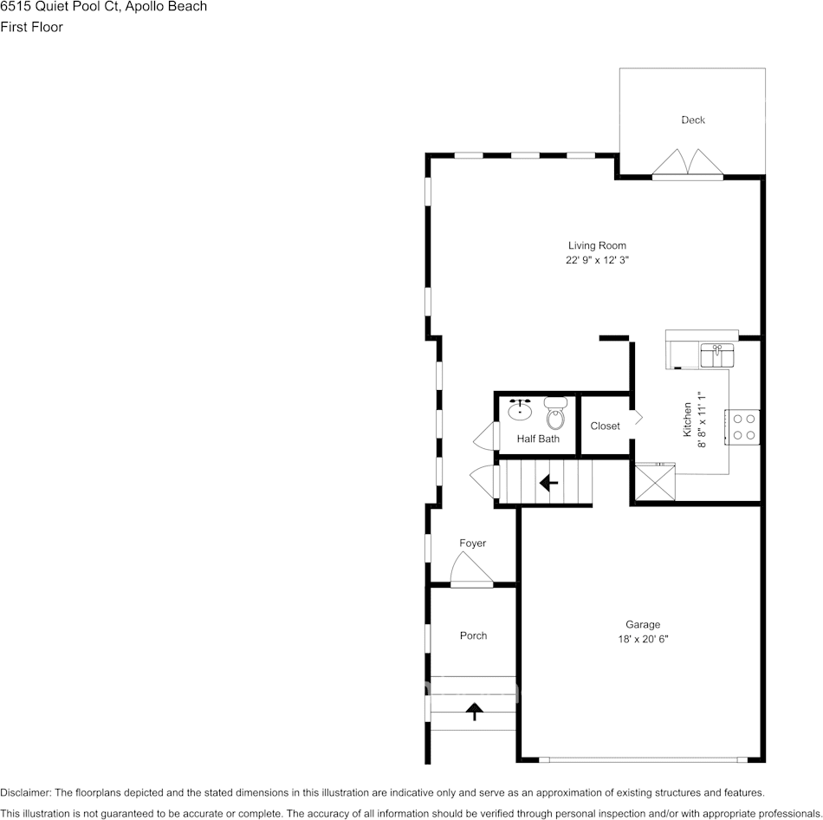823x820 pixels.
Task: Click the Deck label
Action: (692, 120)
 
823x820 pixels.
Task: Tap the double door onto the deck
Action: (687, 164)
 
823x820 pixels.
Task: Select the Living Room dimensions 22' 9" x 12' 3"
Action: (597, 260)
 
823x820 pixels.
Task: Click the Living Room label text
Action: (597, 245)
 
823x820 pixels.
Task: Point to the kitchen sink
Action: (716, 355)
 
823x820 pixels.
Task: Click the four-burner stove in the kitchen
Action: (742, 426)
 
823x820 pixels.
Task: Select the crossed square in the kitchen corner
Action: (654, 481)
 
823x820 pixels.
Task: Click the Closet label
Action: (605, 426)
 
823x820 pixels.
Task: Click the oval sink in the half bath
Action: (521, 410)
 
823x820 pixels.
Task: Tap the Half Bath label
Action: (538, 439)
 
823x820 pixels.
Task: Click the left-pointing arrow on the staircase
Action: (548, 483)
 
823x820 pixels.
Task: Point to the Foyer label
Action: (472, 543)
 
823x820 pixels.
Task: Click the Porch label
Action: (473, 635)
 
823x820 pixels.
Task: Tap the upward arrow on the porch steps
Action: (474, 712)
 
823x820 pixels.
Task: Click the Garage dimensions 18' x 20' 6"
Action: (642, 639)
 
